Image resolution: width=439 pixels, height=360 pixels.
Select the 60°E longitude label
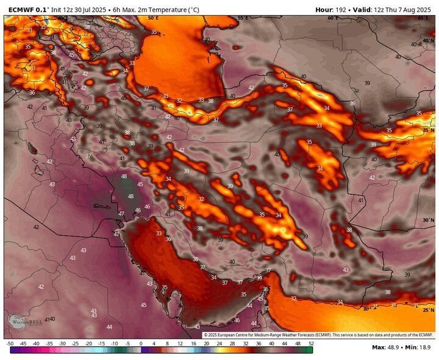click(x=332, y=18)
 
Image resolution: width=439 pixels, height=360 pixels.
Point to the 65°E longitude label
click(x=423, y=18)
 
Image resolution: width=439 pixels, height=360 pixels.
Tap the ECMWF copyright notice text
click(x=317, y=335)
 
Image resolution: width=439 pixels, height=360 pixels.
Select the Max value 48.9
click(x=394, y=348)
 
